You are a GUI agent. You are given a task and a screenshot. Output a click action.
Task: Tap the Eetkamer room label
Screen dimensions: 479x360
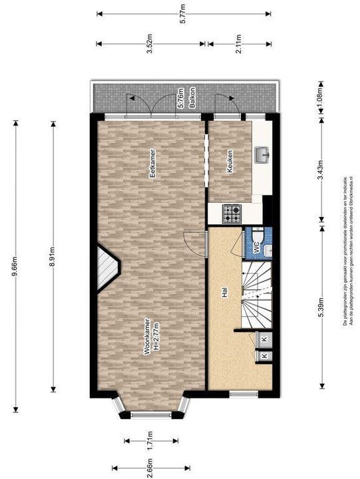152,164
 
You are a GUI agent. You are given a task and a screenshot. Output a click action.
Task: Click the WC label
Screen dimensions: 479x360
254,246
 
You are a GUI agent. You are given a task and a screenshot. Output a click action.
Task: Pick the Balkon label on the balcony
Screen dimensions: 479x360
192,98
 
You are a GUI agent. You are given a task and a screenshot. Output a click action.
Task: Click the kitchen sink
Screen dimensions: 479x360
262,155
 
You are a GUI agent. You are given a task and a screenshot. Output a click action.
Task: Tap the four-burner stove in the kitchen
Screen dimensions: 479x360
232,214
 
